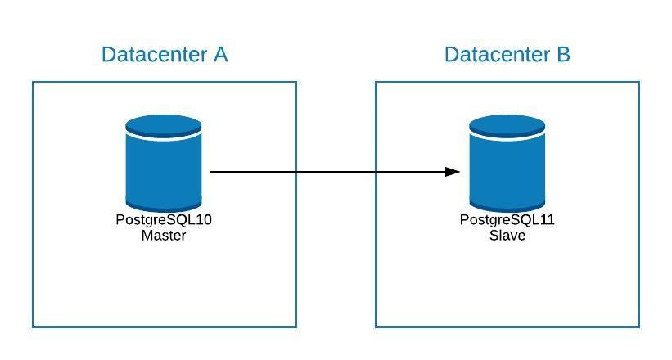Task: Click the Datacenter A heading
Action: tap(165, 55)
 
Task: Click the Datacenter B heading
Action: tap(507, 55)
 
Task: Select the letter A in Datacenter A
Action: tap(220, 55)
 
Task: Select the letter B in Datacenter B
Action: tap(563, 55)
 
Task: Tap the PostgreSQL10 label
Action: tap(164, 219)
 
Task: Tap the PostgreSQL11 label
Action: tap(507, 219)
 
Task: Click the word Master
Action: tap(164, 236)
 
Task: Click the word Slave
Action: tap(507, 236)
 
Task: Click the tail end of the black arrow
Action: tap(210, 172)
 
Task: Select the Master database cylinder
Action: tap(163, 164)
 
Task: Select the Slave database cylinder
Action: tap(507, 164)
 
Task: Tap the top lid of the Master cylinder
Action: tap(163, 125)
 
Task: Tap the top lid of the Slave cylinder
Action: tap(507, 125)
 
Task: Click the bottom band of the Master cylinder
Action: tap(163, 205)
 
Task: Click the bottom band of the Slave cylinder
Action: tap(507, 205)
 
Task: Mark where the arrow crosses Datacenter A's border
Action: tap(296, 172)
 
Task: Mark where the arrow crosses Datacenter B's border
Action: tap(376, 172)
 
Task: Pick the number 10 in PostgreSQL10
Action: tap(204, 219)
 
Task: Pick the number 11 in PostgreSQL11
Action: tap(548, 219)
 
